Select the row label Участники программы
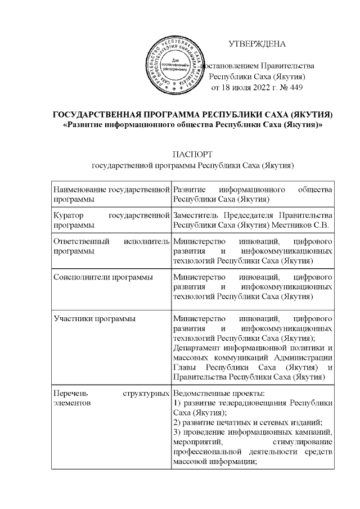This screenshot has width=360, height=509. click(93, 319)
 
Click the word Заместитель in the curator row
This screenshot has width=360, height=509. click(196, 216)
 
